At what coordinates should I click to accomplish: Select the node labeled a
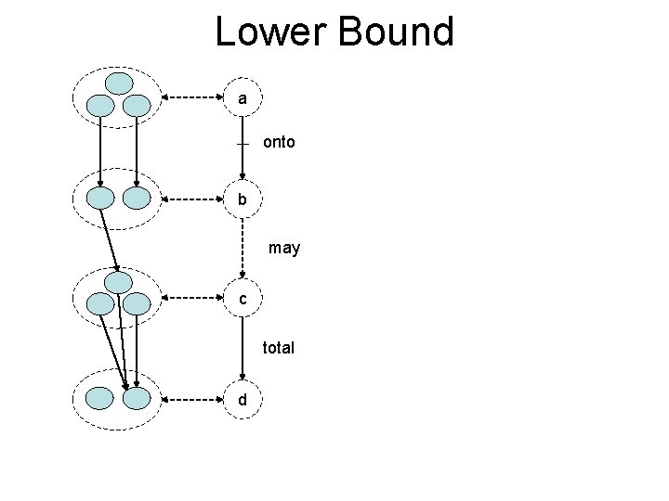coord(243,97)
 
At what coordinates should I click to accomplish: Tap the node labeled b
coord(243,199)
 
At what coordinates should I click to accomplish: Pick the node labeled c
coord(243,299)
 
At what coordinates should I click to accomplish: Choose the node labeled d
coord(243,399)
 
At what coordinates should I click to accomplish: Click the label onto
coord(279,143)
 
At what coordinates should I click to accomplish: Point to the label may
coord(284,249)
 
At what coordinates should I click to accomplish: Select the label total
coord(278,348)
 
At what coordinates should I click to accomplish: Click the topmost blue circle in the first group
coord(119,83)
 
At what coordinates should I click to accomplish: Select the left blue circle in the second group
coord(100,198)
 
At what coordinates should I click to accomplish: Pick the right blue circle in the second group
coord(137,198)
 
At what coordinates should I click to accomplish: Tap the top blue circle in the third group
coord(119,281)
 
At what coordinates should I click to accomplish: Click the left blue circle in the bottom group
coord(100,399)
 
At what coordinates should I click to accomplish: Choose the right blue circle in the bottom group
coord(137,399)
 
